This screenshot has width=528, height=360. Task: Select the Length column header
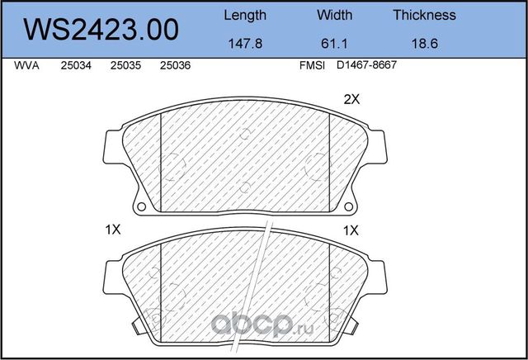245,15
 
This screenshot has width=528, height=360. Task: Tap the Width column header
334,15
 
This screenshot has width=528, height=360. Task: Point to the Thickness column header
424,15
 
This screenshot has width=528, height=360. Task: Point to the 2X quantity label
352,100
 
